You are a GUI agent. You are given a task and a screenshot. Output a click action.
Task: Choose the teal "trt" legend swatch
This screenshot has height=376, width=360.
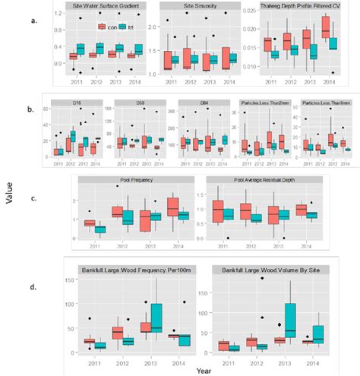pyautogui.click(x=123, y=26)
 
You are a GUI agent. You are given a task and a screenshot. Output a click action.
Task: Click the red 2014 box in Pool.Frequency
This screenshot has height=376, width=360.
pyautogui.click(x=173, y=206)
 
